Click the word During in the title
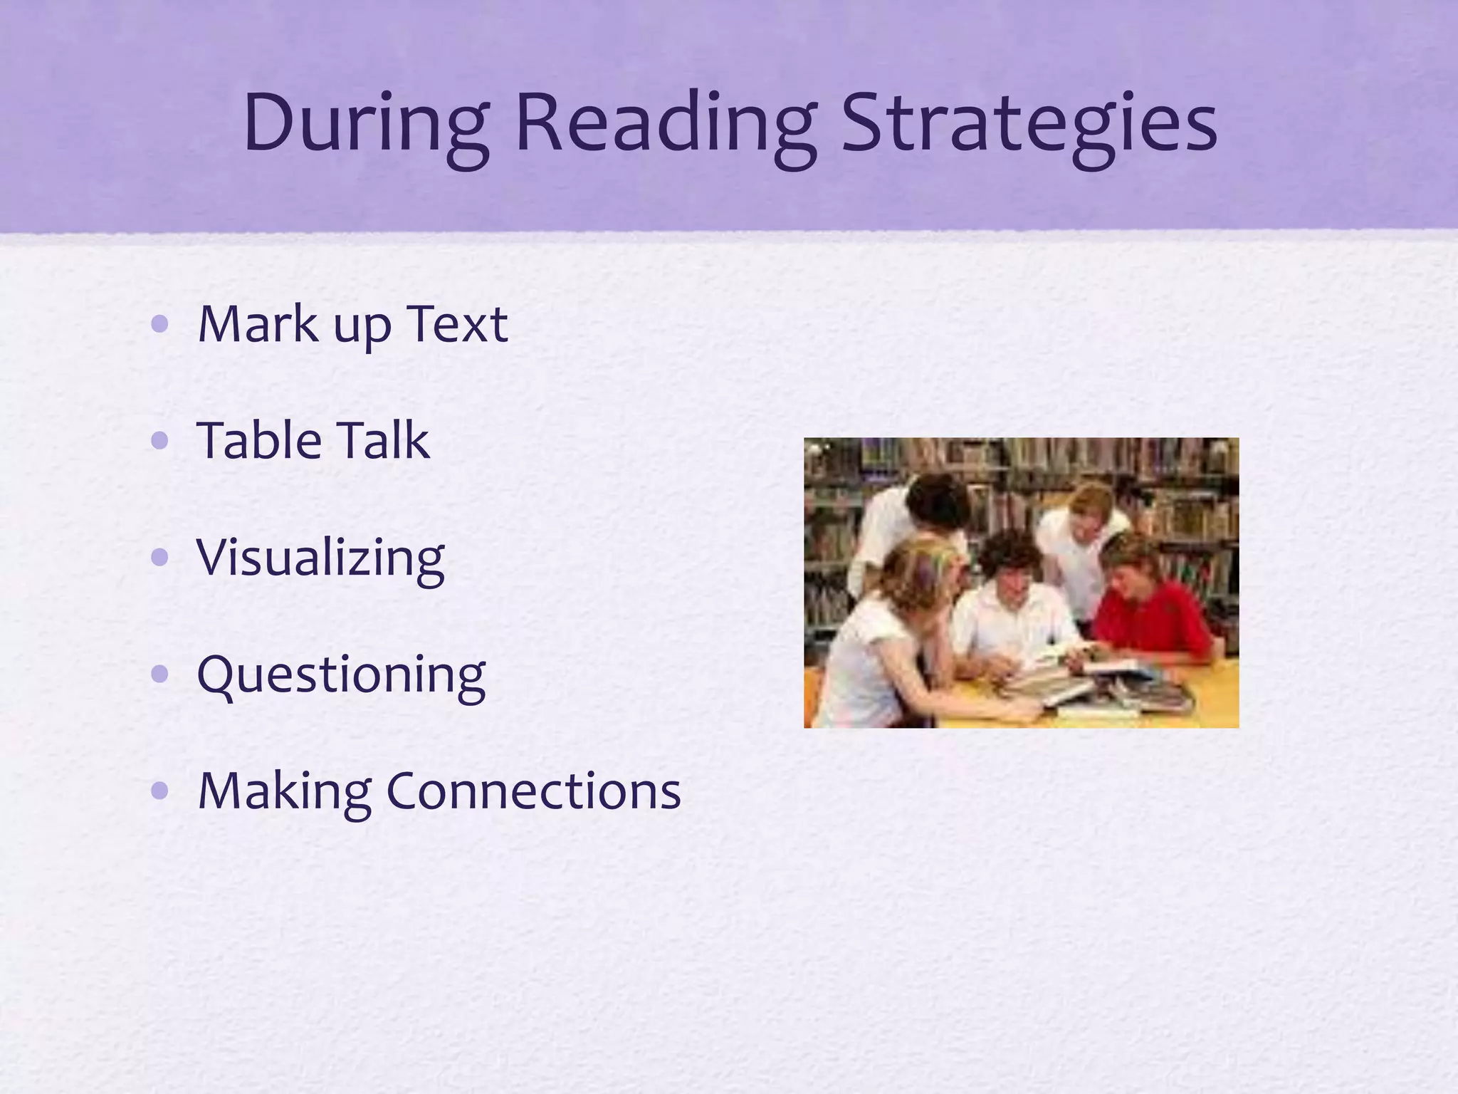pos(365,123)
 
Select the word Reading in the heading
pos(665,123)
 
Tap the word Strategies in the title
pos(1029,123)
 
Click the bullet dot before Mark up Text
pos(160,325)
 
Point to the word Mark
pos(258,325)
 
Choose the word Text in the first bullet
pos(457,325)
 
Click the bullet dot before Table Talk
pos(160,441)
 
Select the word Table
pos(259,441)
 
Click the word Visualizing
pos(320,558)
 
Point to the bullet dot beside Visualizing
pos(160,558)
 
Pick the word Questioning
pos(341,675)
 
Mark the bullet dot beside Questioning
pos(160,674)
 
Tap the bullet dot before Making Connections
pos(160,790)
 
